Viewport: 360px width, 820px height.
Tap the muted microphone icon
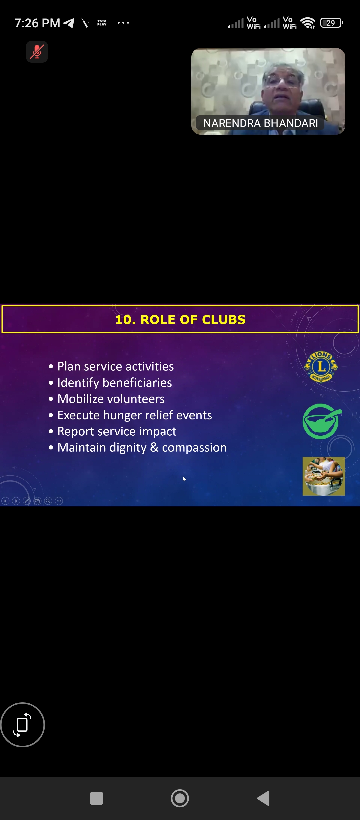[x=37, y=52]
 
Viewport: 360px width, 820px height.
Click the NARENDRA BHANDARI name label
[x=260, y=123]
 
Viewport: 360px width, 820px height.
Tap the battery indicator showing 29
[x=332, y=23]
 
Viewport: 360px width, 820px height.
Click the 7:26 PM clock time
[x=37, y=23]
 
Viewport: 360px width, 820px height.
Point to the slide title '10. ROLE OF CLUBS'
[x=180, y=319]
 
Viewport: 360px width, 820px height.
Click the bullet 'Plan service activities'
[x=115, y=366]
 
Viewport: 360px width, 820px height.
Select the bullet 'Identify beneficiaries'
[x=115, y=383]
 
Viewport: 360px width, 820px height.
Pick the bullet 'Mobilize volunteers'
[x=111, y=399]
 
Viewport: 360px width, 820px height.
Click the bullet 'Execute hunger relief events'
[x=135, y=415]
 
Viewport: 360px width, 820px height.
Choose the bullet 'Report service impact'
[x=117, y=431]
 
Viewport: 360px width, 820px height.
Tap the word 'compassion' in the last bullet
[x=194, y=448]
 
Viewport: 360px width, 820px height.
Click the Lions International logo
[x=321, y=367]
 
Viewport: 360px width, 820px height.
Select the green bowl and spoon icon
[x=322, y=421]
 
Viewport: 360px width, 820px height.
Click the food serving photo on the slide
[x=324, y=476]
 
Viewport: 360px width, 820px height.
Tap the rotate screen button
[x=22, y=725]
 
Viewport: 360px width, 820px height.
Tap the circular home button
[x=180, y=798]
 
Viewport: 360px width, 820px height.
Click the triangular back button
[x=263, y=798]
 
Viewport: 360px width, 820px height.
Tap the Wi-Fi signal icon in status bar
[x=308, y=23]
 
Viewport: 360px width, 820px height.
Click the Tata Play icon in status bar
[x=102, y=23]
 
